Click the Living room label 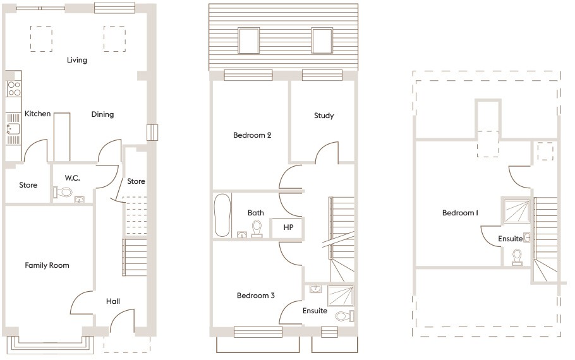(77, 60)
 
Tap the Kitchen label (37, 114)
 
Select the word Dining (102, 114)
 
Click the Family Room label (47, 265)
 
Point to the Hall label (113, 301)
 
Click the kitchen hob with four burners (14, 88)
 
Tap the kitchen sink (13, 129)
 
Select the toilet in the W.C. (63, 192)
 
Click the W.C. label (72, 178)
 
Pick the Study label (324, 116)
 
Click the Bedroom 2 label (252, 135)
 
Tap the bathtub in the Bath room (222, 215)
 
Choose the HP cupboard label (288, 227)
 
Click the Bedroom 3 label (256, 296)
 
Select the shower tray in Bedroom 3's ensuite (341, 296)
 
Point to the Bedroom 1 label (460, 213)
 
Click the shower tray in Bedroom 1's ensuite (517, 211)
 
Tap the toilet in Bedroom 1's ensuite (517, 256)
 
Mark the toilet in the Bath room (257, 229)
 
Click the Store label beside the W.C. (28, 185)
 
